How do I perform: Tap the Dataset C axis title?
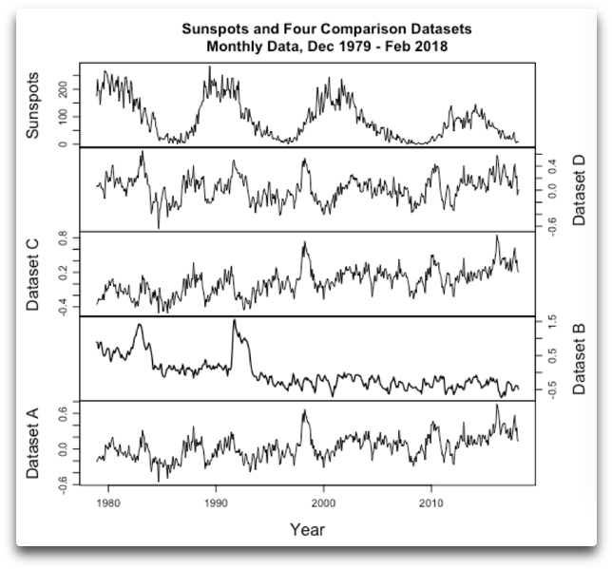(34, 274)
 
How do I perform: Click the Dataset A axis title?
(34, 443)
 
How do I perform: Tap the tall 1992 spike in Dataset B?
(234, 322)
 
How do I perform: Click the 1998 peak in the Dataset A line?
(305, 411)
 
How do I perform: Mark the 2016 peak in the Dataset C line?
(496, 237)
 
